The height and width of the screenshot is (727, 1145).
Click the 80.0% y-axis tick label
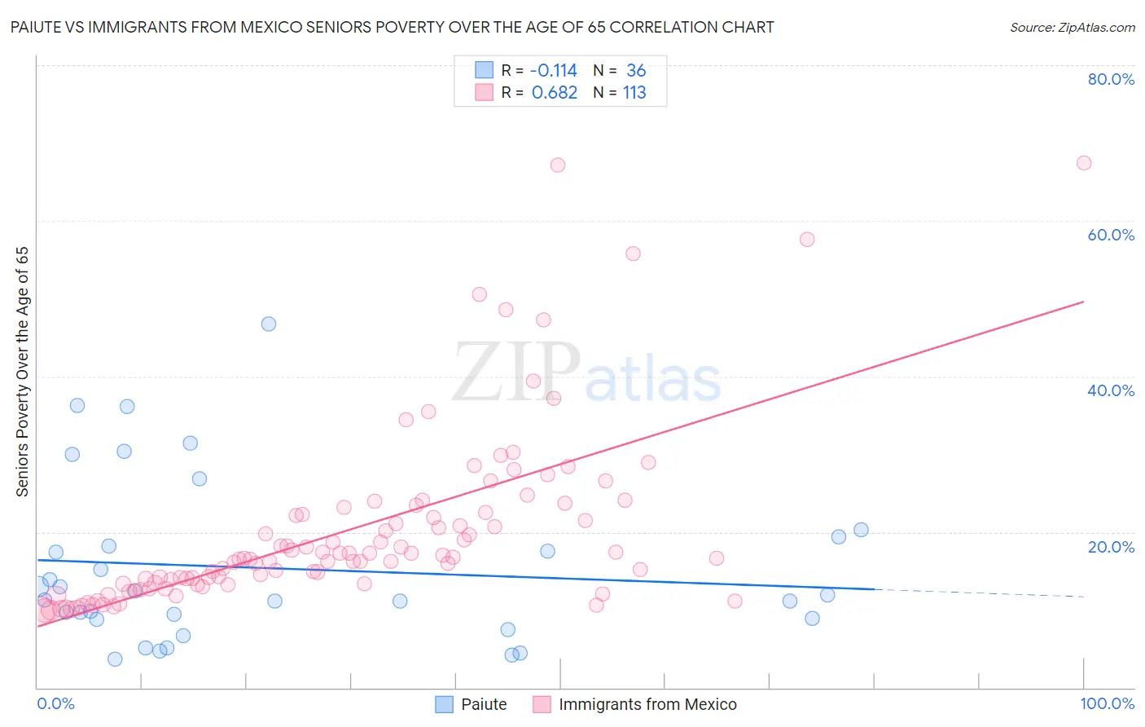click(x=1111, y=79)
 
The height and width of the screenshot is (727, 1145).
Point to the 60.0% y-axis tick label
click(x=1111, y=235)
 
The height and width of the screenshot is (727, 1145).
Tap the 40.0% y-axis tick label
click(x=1111, y=390)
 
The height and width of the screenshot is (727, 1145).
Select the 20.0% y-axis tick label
click(x=1111, y=546)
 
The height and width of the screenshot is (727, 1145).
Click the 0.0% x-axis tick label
click(x=55, y=703)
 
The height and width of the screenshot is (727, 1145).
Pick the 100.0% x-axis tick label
click(x=1107, y=703)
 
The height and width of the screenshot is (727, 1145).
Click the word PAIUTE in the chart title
click(x=36, y=27)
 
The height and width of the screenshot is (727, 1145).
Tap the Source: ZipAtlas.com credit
click(x=1072, y=27)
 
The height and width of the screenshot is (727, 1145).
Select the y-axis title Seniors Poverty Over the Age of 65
click(x=22, y=371)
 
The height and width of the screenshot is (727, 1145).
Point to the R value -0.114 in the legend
click(x=553, y=71)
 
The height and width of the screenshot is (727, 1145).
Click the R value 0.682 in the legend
click(x=555, y=93)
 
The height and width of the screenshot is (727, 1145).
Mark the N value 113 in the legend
click(x=634, y=93)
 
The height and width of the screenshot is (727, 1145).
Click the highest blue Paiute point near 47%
click(x=269, y=324)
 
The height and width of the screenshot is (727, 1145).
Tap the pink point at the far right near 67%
click(x=1084, y=163)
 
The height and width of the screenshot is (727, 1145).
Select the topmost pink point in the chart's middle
click(x=558, y=165)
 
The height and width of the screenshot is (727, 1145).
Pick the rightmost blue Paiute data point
click(x=861, y=530)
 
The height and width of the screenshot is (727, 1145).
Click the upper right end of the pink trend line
click(x=1082, y=302)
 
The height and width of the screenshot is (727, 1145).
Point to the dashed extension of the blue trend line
click(x=977, y=593)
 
